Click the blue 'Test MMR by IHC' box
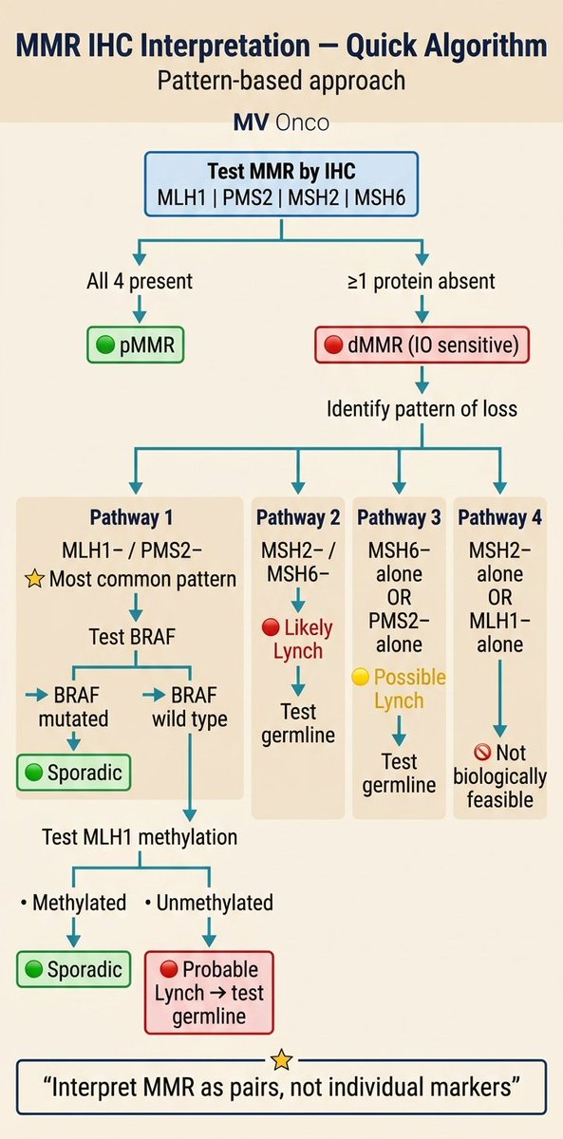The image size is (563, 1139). coord(281,184)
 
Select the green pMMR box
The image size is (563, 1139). coord(135,345)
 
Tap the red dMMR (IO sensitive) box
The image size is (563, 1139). coord(422,345)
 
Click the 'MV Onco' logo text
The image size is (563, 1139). coord(281,122)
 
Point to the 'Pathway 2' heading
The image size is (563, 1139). coord(298,517)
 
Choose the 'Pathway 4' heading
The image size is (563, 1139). coord(500,517)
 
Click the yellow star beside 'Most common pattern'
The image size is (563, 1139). coord(34,579)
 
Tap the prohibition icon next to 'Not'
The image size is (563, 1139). coord(482,752)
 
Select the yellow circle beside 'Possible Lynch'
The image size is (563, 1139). coord(361,677)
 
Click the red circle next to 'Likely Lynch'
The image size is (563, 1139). coord(271,627)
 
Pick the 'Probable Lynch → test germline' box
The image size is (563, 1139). coord(209,993)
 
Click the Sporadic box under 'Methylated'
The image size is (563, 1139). coord(74,969)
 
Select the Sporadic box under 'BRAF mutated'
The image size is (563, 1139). coord(74,773)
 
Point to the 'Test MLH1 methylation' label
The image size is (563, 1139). coord(140,837)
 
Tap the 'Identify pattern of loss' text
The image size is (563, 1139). coord(422,409)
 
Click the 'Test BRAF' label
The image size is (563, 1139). coord(132,636)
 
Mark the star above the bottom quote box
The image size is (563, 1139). coord(281,1060)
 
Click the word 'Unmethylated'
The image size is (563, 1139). coord(215,903)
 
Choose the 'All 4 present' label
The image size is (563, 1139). coord(140,281)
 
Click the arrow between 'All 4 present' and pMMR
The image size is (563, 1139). coord(140,308)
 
